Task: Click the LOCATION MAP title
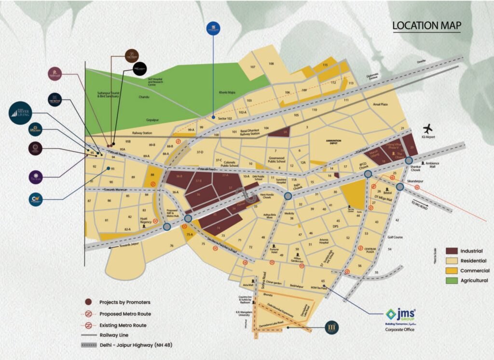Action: pos(426,25)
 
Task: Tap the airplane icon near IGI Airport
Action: pos(427,129)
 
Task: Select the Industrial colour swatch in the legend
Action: pos(452,251)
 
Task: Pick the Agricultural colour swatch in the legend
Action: pos(452,280)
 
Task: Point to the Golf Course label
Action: pos(395,237)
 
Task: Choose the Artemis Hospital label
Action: pos(320,241)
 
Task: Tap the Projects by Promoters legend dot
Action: pos(88,302)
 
